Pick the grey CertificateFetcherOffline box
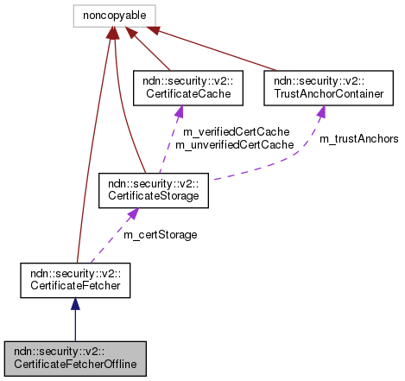point(75,358)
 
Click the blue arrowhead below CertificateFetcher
point(75,305)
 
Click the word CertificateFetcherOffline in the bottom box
point(75,364)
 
